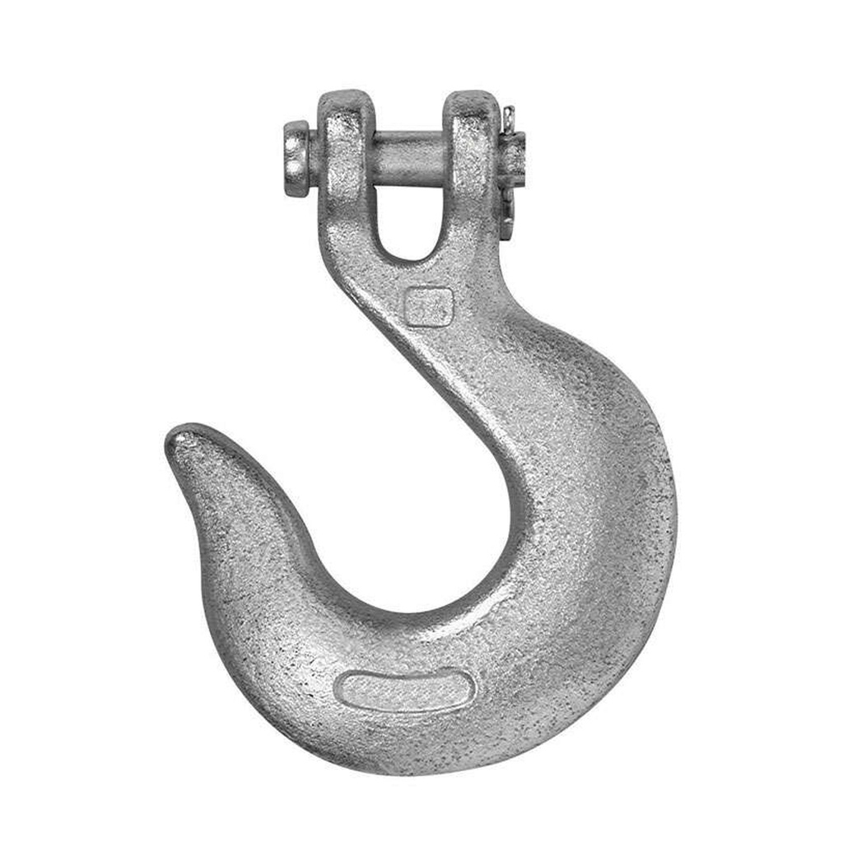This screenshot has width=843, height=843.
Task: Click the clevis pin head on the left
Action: coord(296,158)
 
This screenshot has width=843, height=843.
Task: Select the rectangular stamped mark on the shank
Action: coord(429,306)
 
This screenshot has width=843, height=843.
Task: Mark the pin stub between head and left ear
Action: coord(314,158)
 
